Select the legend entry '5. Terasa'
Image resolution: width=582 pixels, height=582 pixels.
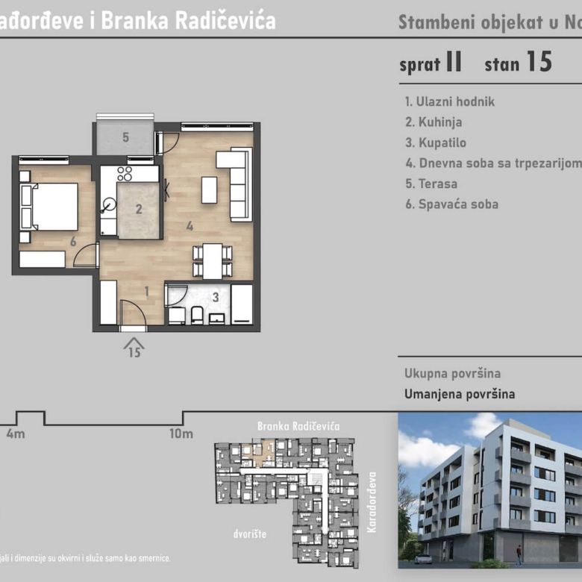coord(431,184)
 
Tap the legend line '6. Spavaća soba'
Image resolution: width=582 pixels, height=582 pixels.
coord(451,204)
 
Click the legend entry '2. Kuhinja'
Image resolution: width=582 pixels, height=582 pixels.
coord(434,122)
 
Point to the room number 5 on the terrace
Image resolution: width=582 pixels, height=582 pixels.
coord(125,137)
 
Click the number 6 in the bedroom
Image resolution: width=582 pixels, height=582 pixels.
coord(72,241)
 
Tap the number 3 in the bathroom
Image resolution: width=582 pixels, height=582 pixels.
coord(216,297)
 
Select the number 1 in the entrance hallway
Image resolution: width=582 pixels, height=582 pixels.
coord(147,292)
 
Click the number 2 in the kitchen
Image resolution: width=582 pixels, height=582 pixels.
coord(139,210)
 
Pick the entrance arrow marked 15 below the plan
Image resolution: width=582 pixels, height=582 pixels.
coord(134,348)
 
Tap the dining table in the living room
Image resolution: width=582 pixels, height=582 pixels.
coord(213,261)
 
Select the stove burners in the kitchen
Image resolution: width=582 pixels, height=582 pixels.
coord(125,174)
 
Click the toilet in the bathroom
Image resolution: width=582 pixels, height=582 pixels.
coord(197,315)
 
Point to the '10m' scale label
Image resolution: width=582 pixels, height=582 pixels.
coord(181,434)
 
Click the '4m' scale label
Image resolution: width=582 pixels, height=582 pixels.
coord(15,434)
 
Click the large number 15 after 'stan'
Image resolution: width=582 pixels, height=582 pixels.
coord(539,62)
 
